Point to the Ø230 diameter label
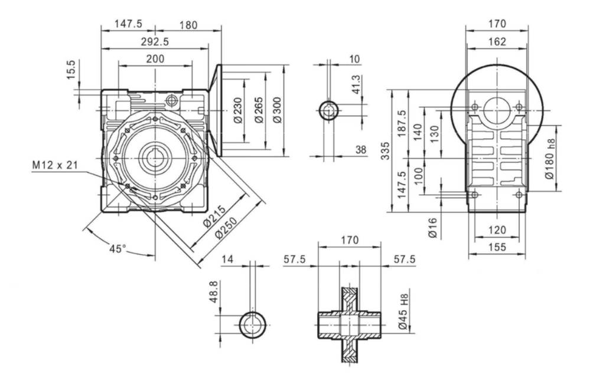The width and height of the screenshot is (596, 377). coord(237,110)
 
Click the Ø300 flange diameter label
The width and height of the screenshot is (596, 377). coord(278,110)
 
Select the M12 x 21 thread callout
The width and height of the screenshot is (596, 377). coord(54,164)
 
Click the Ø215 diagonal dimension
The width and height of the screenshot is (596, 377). coord(214,216)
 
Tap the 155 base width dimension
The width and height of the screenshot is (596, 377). coord(497,248)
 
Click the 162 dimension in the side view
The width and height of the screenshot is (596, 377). coord(497,42)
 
